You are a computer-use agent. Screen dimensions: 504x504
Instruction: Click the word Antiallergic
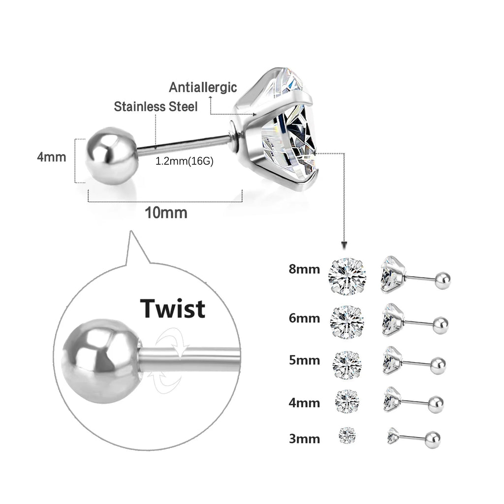(x=203, y=88)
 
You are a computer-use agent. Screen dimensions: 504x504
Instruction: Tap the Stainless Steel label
(x=156, y=106)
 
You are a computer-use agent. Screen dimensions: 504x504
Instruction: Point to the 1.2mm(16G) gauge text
(x=184, y=161)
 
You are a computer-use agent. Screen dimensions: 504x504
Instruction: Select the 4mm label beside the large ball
(x=51, y=157)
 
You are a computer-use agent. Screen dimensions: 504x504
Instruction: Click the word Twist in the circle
(x=172, y=309)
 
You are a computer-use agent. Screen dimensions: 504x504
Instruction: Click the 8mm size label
(x=304, y=269)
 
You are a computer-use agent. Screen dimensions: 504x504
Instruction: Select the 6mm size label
(x=304, y=318)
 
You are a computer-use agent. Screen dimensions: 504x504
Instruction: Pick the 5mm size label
(x=304, y=360)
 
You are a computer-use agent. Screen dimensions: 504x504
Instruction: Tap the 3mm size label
(x=304, y=438)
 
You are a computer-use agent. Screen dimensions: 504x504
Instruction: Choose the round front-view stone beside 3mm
(x=348, y=435)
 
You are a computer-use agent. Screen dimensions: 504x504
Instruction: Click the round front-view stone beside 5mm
(x=347, y=365)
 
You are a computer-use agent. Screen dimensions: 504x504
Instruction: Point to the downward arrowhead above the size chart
(x=345, y=245)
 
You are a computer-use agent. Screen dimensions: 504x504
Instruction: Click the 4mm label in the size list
(x=304, y=403)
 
